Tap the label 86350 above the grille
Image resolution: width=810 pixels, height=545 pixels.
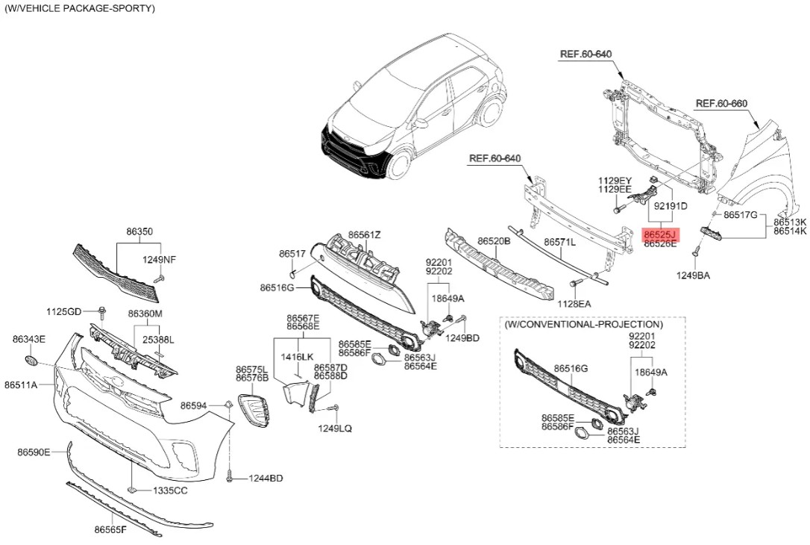[x=140, y=232]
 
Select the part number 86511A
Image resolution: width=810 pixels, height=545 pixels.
[x=21, y=384]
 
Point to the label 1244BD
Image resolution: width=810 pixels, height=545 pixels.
[x=266, y=479]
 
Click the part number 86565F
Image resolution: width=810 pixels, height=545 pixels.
[x=110, y=529]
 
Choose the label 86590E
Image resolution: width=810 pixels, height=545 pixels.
[x=34, y=452]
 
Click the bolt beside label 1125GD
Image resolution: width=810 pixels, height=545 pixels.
[x=102, y=313]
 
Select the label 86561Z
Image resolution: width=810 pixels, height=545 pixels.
[x=364, y=234]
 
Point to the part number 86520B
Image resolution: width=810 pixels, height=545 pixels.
[x=494, y=241]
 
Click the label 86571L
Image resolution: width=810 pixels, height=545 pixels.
[x=560, y=241]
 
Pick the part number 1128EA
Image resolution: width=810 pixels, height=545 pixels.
[x=574, y=304]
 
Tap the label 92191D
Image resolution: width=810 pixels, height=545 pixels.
[x=671, y=206]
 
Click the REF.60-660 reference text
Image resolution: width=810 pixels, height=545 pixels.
[x=722, y=104]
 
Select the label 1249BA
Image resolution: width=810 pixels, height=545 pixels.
[x=693, y=275]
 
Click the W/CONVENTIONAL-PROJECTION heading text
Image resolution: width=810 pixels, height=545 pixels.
[x=584, y=324]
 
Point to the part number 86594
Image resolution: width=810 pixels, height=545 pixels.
[x=193, y=406]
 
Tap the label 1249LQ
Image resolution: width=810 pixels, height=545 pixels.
[x=335, y=428]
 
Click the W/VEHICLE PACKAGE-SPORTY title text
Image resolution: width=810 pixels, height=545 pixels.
[x=79, y=8]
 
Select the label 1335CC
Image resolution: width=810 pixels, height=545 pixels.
[x=170, y=490]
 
